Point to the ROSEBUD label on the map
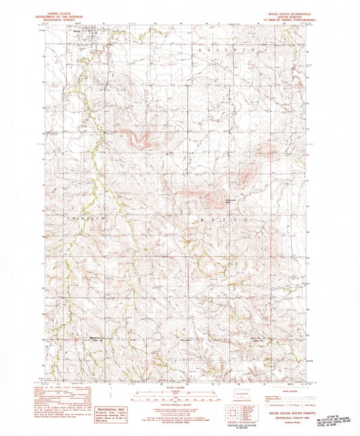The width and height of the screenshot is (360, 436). click(215, 49)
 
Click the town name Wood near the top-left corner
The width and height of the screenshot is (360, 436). click(76, 30)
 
